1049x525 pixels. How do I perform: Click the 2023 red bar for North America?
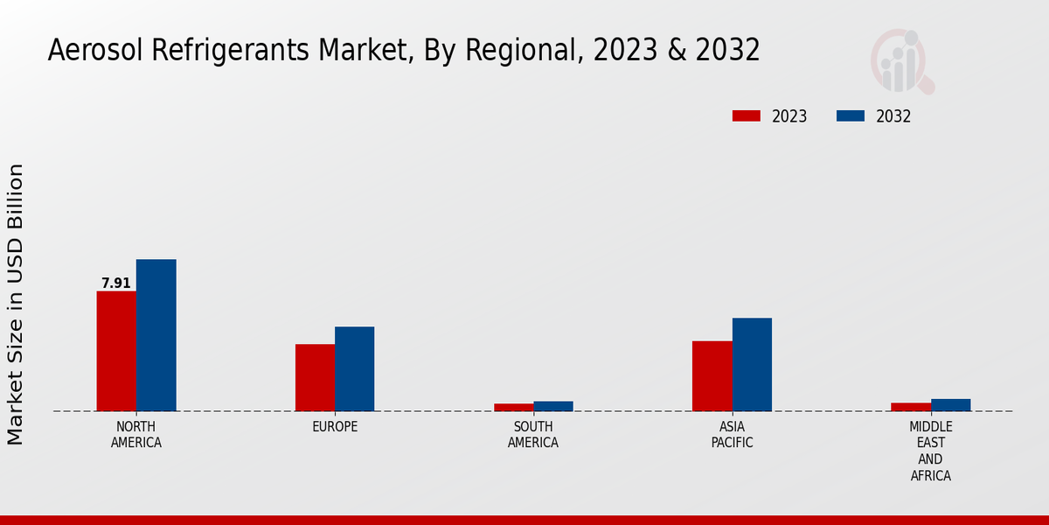tap(116, 351)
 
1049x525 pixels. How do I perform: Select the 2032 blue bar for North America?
tap(156, 335)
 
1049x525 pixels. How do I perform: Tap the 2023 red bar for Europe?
tap(315, 377)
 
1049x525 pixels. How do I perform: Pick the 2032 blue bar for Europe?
tap(354, 368)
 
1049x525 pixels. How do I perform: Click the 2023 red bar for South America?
tap(513, 407)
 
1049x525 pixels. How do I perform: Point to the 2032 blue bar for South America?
tap(553, 406)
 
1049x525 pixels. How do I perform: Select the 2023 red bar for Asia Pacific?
tap(712, 375)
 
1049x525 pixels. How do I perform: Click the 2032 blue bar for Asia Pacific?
tap(752, 364)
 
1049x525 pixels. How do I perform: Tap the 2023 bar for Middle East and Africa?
tap(910, 407)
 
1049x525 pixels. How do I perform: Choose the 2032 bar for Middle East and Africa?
tap(950, 405)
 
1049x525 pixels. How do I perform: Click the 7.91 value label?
tap(116, 283)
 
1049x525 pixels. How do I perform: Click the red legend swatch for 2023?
tap(747, 116)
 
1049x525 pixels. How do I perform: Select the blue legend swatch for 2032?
tap(851, 116)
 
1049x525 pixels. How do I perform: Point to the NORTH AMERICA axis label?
tap(136, 435)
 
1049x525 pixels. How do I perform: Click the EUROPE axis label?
tap(335, 427)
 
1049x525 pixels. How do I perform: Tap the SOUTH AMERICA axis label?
tap(533, 435)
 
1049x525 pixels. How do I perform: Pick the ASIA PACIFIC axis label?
tap(732, 435)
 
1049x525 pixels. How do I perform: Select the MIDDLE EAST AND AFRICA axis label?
tap(930, 451)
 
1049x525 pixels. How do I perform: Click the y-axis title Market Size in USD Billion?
tap(16, 304)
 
